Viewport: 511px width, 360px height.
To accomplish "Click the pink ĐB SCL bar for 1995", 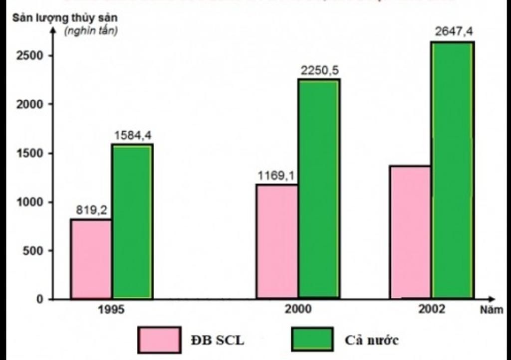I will tap(91, 259).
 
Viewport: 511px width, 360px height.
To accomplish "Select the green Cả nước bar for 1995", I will tap(132, 222).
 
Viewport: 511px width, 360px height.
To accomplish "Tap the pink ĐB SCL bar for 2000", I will tap(277, 241).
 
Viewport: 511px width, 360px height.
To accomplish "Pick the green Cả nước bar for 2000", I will tap(319, 189).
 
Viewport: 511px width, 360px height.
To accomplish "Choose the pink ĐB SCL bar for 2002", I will tap(410, 232).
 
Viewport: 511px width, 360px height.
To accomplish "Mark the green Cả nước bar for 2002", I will tap(453, 170).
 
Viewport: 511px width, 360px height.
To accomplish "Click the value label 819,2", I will tap(91, 210).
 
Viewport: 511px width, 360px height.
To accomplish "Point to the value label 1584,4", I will tap(132, 136).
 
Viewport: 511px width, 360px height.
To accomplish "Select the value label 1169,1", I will tap(276, 176).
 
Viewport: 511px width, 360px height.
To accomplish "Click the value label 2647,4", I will tap(454, 32).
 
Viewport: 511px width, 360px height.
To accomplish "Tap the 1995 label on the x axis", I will tap(111, 309).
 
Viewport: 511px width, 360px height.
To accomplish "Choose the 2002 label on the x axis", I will tap(432, 309).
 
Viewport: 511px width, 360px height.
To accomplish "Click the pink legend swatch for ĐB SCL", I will tap(159, 340).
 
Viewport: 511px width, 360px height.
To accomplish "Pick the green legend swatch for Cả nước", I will tap(312, 340).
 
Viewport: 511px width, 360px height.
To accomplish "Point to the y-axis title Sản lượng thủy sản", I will tap(65, 18).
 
